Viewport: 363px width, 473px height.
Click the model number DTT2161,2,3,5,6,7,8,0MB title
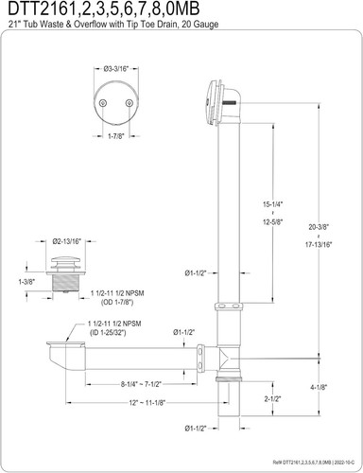tap(90, 10)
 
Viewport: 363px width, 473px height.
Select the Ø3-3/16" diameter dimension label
tap(116, 68)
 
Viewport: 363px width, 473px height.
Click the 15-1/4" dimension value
tap(274, 205)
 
